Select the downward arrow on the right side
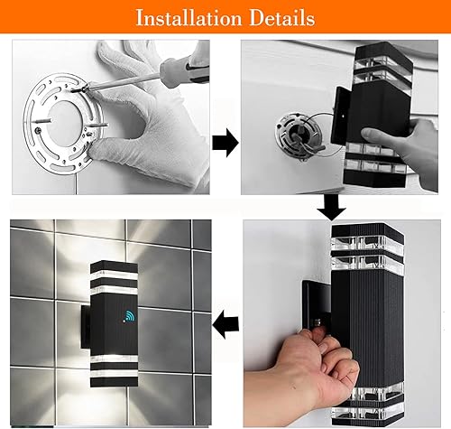pos(334,209)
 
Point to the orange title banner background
pos(54,17)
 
